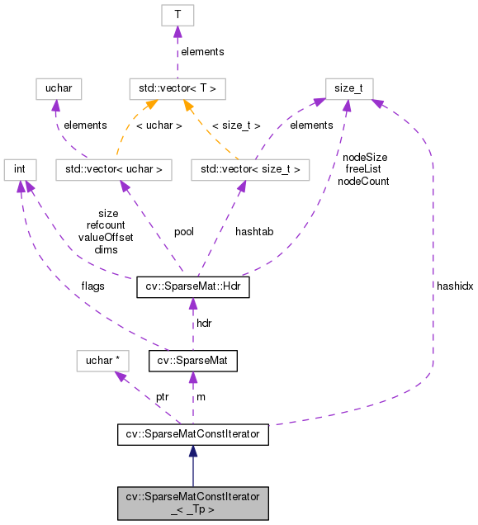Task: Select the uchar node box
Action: point(56,87)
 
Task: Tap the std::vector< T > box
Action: point(177,87)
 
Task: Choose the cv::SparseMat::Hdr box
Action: point(192,288)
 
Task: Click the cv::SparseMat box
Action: point(193,361)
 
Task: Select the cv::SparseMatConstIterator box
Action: point(192,433)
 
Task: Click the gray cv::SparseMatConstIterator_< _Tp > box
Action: point(192,503)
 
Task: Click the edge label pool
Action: point(183,232)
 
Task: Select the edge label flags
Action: point(92,287)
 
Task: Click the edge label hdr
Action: point(204,323)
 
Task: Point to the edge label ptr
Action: point(162,397)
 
